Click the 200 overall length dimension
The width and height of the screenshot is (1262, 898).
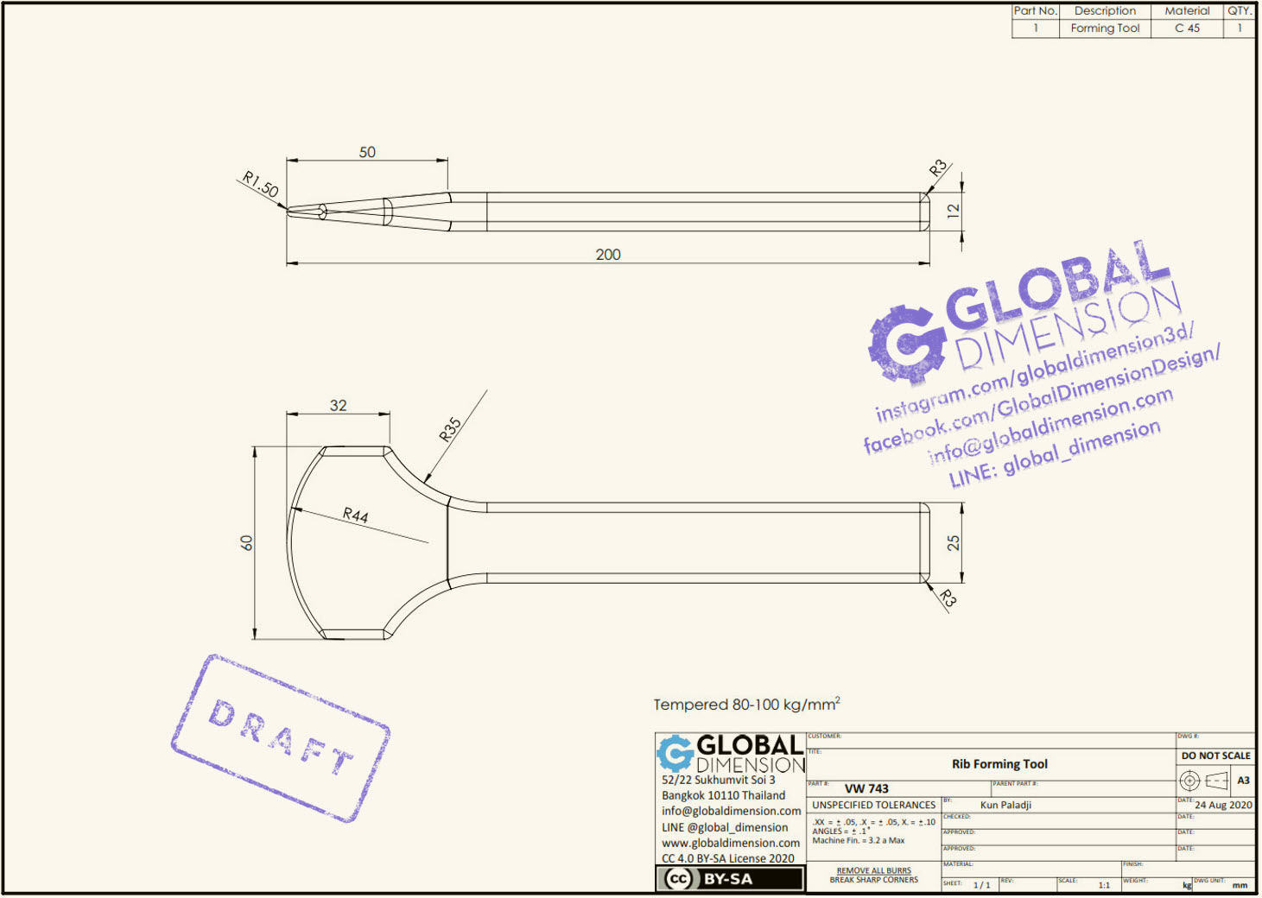click(x=607, y=254)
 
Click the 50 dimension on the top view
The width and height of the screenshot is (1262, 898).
click(x=367, y=152)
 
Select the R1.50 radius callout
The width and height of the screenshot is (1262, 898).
click(x=260, y=183)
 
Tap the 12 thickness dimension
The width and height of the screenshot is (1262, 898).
click(x=953, y=211)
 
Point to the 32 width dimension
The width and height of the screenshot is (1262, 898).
click(x=338, y=405)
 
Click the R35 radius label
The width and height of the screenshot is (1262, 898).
click(x=450, y=429)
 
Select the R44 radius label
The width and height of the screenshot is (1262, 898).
click(x=355, y=515)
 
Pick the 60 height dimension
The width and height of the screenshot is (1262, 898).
click(x=247, y=543)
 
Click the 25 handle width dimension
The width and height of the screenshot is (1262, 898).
click(x=953, y=543)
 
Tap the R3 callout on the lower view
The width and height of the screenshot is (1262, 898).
click(x=948, y=598)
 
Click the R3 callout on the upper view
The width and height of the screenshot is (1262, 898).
click(x=938, y=168)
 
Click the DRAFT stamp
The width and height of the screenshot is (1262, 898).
click(x=281, y=737)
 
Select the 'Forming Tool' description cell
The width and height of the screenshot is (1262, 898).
click(x=1105, y=28)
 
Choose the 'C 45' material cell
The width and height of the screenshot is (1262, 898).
click(x=1187, y=28)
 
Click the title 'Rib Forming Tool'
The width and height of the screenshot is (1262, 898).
click(x=999, y=764)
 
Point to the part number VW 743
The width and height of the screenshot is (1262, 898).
click(x=866, y=788)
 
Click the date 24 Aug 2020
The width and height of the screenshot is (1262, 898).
click(x=1223, y=805)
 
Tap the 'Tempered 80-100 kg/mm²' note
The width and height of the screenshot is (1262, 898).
click(x=746, y=705)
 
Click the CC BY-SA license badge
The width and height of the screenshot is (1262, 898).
click(x=730, y=879)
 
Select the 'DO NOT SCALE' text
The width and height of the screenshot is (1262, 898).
click(x=1215, y=756)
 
